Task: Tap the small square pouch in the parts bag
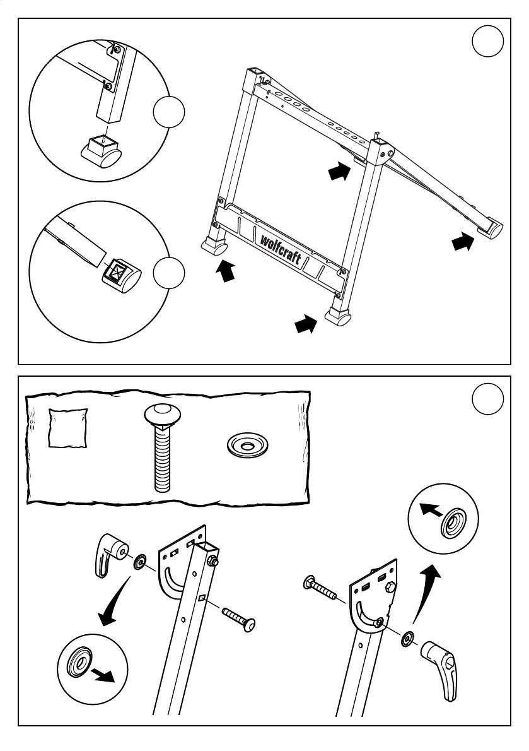click(68, 428)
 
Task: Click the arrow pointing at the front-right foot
click(305, 325)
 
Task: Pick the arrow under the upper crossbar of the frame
click(339, 171)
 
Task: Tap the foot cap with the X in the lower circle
click(120, 276)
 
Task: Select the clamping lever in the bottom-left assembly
click(108, 553)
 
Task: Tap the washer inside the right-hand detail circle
click(452, 522)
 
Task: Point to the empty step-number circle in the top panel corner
click(487, 42)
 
